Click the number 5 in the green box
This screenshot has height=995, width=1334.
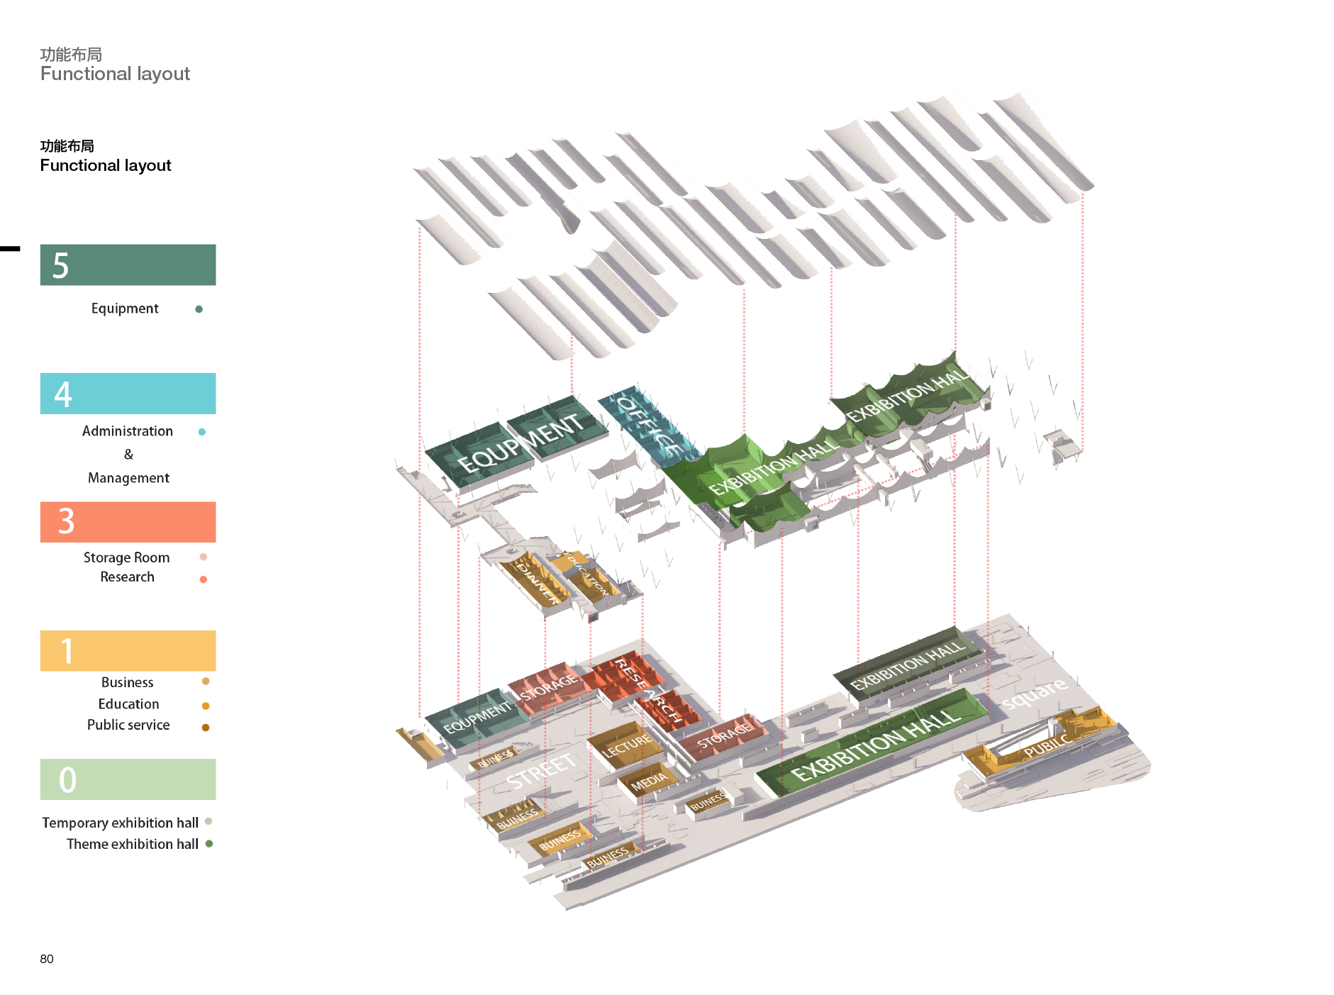coord(61,266)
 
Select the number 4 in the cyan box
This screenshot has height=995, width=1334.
coord(63,394)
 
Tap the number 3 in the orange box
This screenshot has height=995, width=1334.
coord(66,522)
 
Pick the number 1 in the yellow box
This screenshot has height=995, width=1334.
coord(67,651)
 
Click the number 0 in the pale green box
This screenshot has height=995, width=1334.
coord(67,780)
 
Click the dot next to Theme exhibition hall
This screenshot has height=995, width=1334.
coord(209,844)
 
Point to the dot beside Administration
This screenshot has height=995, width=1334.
coord(202,432)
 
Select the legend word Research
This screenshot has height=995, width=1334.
coord(127,577)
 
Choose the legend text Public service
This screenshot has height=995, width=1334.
coord(128,725)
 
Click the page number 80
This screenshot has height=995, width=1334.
coord(47,959)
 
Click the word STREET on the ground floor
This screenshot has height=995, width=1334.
coord(540,772)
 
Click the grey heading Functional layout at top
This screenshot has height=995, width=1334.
coord(115,74)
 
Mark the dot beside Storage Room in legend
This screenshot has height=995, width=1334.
coord(204,557)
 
